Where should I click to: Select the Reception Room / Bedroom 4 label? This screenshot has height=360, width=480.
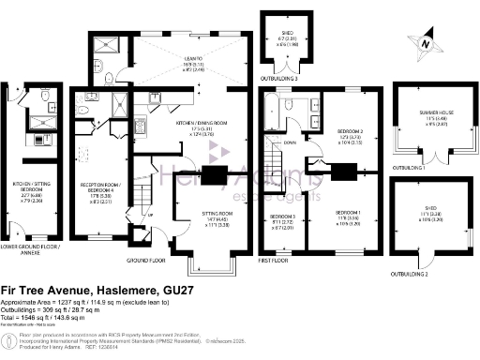pyautogui.click(x=105, y=189)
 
